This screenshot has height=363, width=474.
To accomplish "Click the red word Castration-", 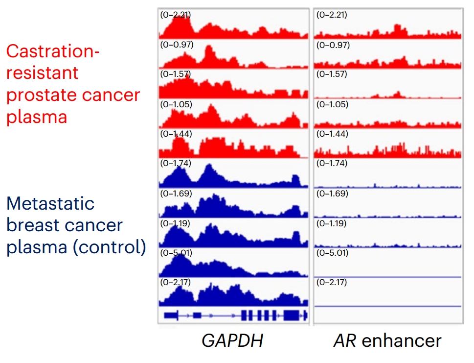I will pyautogui.click(x=53, y=50).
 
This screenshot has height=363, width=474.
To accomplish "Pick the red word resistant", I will pyautogui.click(x=42, y=73).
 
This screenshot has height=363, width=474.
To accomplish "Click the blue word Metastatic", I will pyautogui.click(x=50, y=203).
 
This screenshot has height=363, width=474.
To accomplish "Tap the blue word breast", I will pyautogui.click(x=35, y=225).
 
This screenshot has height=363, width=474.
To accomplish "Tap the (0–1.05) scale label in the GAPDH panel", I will pyautogui.click(x=176, y=104).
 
